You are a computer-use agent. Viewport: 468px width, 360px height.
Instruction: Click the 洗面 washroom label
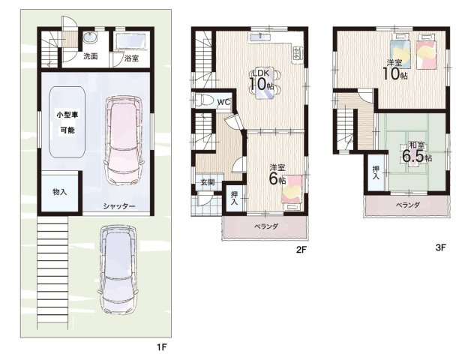(x=91, y=55)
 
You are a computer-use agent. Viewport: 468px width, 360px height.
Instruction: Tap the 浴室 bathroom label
(x=131, y=58)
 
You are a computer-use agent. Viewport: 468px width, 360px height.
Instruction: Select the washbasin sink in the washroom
(x=90, y=38)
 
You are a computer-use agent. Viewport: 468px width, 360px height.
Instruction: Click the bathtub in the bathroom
(x=131, y=41)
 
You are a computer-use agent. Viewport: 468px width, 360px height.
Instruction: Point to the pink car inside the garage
(x=124, y=139)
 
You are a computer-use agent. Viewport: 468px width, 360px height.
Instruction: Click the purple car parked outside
(x=118, y=269)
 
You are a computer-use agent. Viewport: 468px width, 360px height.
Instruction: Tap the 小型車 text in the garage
(x=67, y=115)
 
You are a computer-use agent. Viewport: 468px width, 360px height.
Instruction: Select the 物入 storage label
(x=60, y=192)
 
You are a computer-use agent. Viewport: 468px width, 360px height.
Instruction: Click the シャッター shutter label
(x=119, y=206)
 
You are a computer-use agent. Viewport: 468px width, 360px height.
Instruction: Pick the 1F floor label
(x=162, y=346)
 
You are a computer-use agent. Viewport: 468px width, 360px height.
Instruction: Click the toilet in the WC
(x=204, y=100)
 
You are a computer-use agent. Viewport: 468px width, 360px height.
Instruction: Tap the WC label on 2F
(x=223, y=102)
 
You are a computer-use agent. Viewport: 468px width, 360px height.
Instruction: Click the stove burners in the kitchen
(x=297, y=52)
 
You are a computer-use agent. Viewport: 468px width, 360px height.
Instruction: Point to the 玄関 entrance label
(x=208, y=181)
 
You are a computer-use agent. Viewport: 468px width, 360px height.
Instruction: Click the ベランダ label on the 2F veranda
(x=266, y=226)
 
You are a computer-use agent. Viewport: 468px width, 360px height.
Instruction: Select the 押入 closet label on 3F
(x=376, y=172)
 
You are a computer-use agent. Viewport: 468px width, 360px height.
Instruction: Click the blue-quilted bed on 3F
(x=400, y=51)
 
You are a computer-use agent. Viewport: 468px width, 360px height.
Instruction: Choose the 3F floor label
(x=440, y=247)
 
